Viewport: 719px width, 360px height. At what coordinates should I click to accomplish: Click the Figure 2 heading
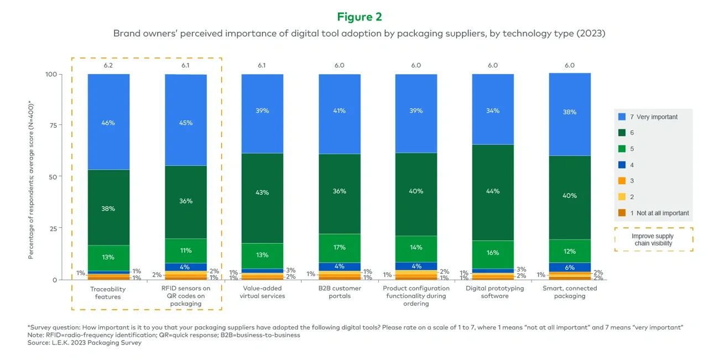359,17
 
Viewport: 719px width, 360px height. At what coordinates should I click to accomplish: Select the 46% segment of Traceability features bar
108,122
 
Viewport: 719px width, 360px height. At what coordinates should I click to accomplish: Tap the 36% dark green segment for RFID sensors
186,201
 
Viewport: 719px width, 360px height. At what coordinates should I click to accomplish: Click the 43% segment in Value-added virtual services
262,192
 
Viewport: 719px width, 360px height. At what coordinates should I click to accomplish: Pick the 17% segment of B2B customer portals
339,248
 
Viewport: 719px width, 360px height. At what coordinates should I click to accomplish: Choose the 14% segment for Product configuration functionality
416,247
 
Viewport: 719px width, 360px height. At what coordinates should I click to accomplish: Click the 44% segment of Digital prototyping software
493,191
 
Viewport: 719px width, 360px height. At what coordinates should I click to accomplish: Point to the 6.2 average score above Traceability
108,65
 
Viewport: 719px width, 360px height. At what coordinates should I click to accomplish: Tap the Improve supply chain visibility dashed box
653,239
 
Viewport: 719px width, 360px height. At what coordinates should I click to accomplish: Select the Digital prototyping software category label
493,292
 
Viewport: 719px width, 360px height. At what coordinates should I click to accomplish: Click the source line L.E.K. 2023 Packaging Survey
84,343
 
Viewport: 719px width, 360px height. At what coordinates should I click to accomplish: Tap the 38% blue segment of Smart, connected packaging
570,112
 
